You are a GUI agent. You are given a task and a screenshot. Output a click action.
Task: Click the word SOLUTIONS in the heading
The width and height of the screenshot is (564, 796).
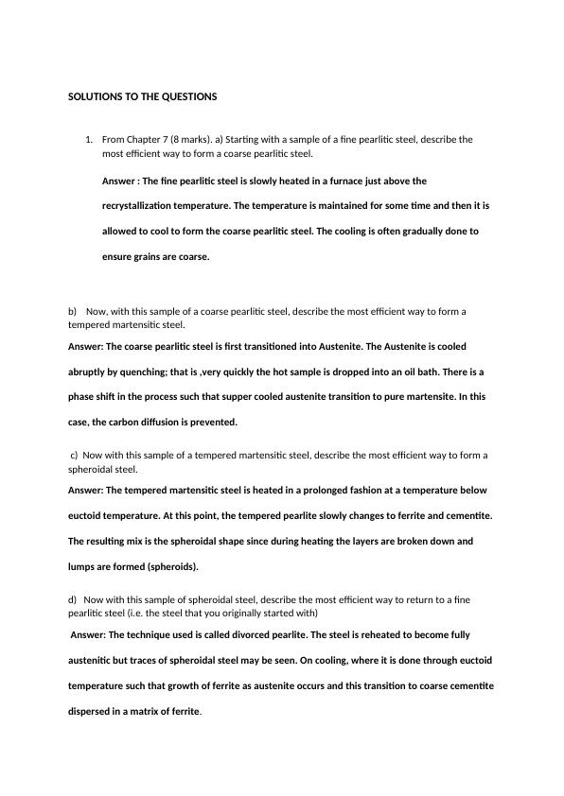(x=94, y=96)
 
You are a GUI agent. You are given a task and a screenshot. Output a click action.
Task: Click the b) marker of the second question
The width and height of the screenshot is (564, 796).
(x=72, y=311)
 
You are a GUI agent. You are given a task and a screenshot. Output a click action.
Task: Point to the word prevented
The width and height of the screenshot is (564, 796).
(x=215, y=423)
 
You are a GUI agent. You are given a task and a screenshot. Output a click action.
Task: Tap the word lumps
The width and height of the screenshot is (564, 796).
(x=82, y=567)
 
